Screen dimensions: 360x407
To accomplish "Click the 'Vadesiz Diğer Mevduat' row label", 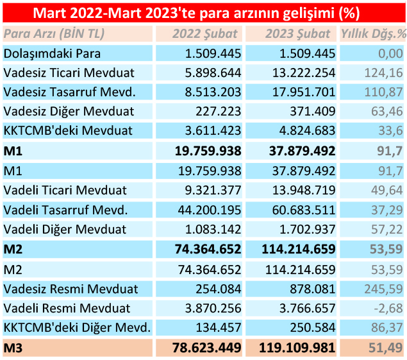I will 69,112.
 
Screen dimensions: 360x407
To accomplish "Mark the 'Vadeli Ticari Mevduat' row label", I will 65,191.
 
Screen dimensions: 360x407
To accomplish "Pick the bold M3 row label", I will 13,348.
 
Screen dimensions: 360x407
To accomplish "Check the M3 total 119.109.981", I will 292,348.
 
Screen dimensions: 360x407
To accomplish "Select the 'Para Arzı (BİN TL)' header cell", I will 54,35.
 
